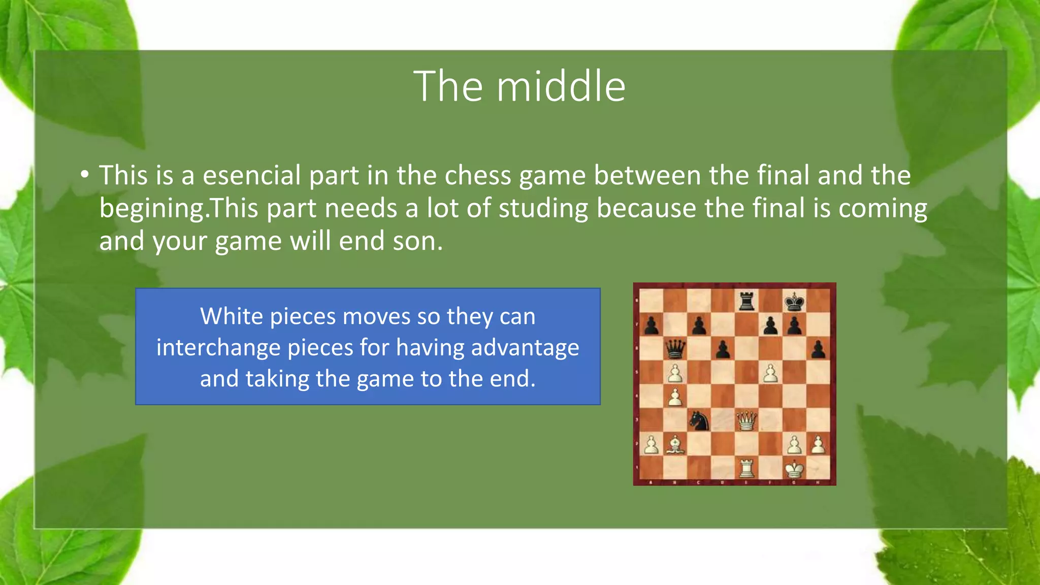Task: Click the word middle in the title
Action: coord(561,86)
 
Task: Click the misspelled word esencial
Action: coord(252,175)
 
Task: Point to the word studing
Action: coord(543,208)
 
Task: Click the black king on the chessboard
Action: coord(794,302)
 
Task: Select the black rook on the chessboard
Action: coord(746,301)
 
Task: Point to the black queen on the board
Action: coord(675,349)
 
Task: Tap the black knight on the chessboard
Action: coord(699,420)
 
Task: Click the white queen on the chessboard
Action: coord(746,420)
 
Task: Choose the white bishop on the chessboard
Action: coord(675,444)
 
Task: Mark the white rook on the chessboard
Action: coord(746,468)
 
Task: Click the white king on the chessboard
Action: coord(794,468)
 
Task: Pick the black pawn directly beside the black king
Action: coord(794,326)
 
